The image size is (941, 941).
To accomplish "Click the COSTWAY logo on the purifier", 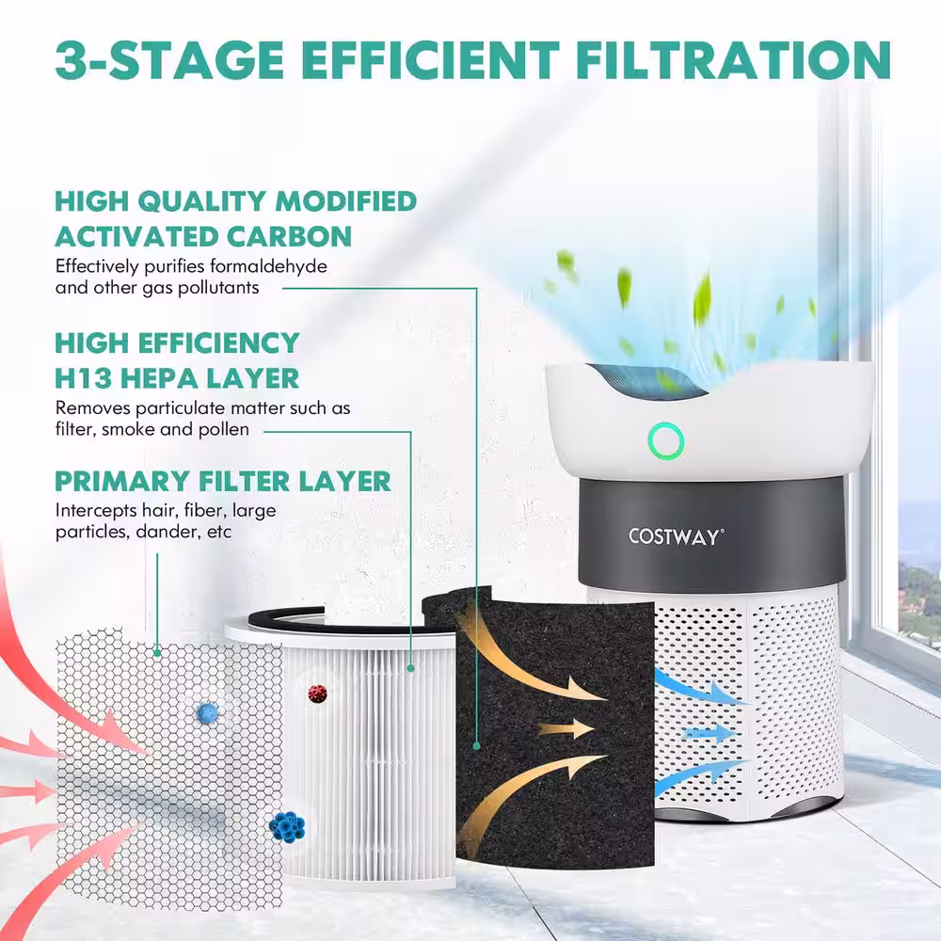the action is click(677, 536).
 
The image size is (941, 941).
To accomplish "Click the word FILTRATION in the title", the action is click(733, 59).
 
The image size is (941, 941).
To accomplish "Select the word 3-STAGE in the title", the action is click(169, 59).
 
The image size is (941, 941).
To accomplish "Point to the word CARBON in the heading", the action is click(289, 236).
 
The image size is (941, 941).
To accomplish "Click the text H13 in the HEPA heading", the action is click(84, 378).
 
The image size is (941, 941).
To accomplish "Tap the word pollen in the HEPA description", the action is click(226, 429).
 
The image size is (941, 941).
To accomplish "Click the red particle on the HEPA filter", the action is click(317, 694).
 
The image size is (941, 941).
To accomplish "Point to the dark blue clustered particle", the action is click(287, 827).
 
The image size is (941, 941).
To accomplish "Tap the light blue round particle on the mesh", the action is click(207, 713).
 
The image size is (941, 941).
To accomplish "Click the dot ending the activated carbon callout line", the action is click(476, 746).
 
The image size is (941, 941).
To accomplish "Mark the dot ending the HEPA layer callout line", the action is click(411, 668).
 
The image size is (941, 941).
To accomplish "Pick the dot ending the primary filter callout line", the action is click(157, 653).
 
